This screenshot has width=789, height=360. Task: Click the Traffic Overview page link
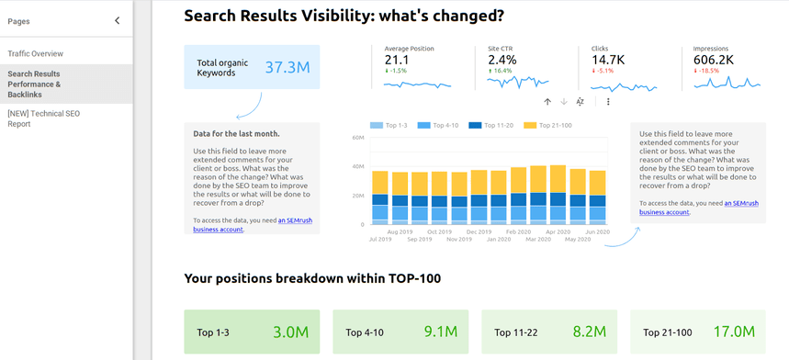tap(36, 53)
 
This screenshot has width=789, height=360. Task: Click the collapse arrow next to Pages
tap(117, 20)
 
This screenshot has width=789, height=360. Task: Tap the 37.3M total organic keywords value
tap(287, 67)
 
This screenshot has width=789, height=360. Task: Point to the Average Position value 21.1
tap(397, 60)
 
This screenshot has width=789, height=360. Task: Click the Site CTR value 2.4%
tap(502, 60)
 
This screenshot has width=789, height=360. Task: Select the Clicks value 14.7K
tap(608, 60)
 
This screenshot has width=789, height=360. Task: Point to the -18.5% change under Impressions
tap(709, 71)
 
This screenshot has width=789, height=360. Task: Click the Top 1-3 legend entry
tap(393, 124)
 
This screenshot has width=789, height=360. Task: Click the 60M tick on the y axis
tap(357, 138)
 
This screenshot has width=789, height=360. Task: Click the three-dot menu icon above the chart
tap(608, 102)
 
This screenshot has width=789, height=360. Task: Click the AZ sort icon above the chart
tap(580, 102)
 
